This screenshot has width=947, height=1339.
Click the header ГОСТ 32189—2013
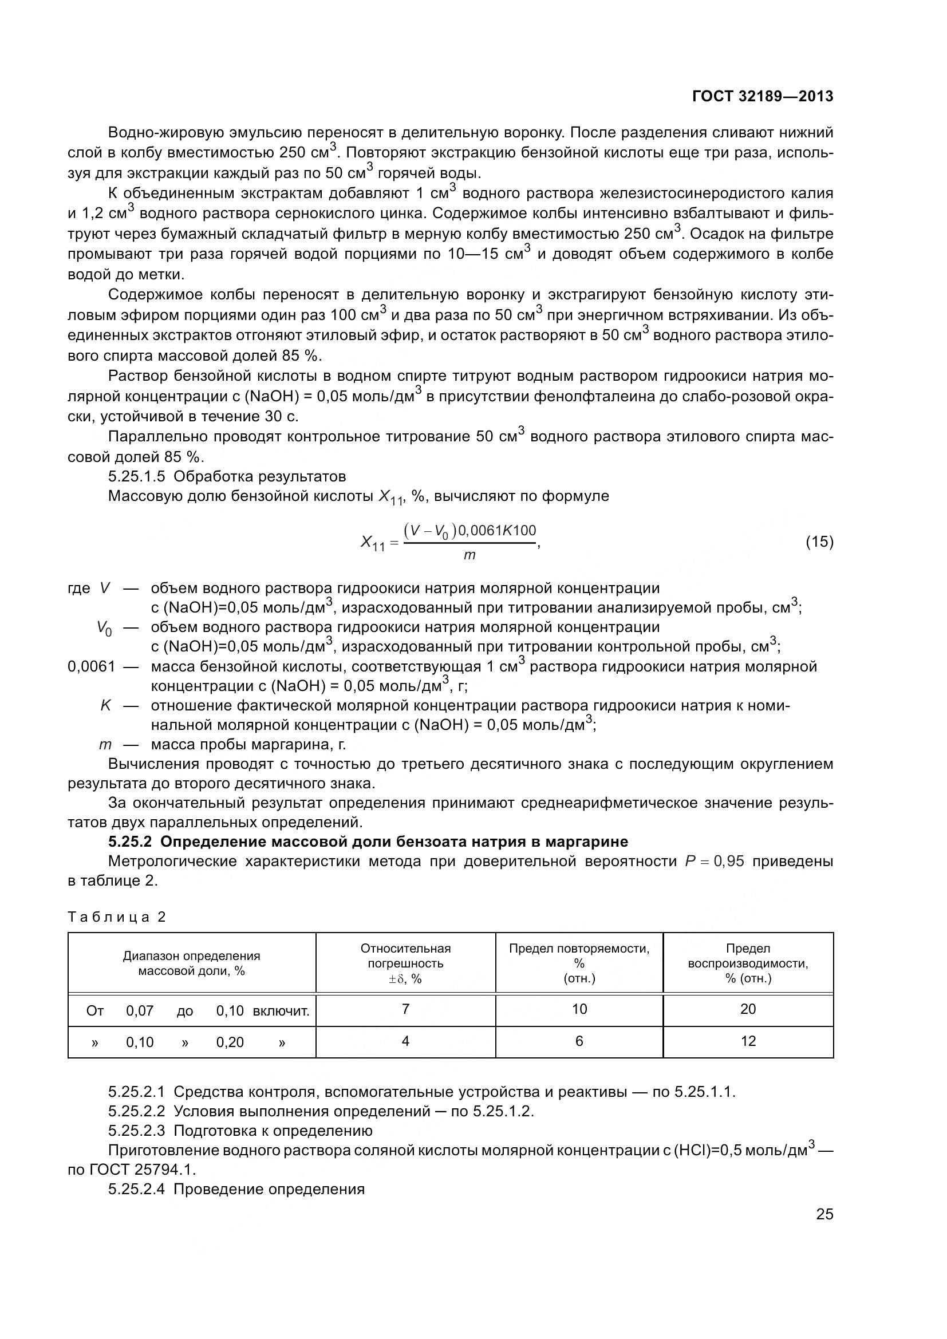click(762, 96)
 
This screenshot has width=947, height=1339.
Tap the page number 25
click(824, 1214)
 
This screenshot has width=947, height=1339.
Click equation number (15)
click(819, 542)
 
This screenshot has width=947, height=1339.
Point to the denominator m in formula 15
click(469, 556)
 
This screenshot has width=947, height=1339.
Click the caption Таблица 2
click(117, 917)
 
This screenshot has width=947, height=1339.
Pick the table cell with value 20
click(748, 1009)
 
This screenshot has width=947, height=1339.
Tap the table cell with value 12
click(748, 1041)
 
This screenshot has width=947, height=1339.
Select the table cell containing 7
click(405, 1009)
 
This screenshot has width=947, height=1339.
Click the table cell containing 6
click(579, 1041)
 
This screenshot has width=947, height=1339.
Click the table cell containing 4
click(405, 1041)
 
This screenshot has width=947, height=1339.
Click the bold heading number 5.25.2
click(131, 842)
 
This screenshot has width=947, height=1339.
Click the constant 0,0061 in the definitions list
click(92, 666)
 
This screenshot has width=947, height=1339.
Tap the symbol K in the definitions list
click(105, 706)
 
